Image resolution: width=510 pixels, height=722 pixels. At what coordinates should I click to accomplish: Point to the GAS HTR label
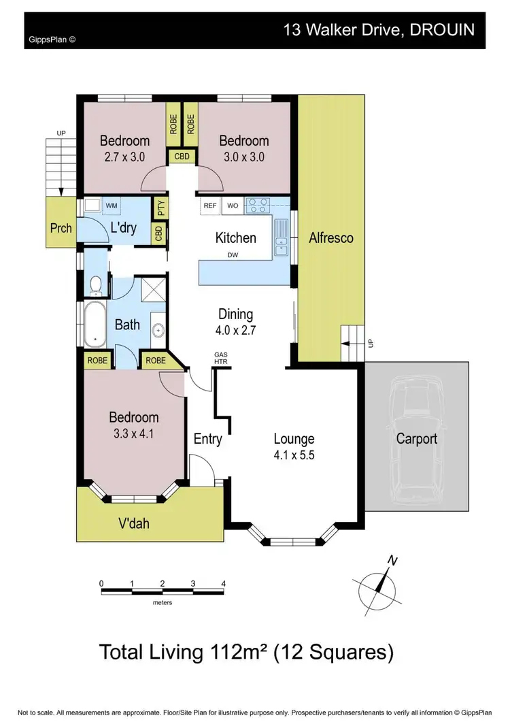pos(221,358)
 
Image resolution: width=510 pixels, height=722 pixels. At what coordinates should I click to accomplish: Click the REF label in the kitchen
pos(209,204)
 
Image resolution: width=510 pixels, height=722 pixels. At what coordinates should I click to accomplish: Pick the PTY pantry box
pos(160,205)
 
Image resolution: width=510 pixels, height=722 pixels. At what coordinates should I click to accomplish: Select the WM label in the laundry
pos(112,204)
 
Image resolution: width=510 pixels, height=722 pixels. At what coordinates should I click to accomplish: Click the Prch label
pos(61,228)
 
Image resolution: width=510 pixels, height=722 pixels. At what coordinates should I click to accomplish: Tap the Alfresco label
pos(331,238)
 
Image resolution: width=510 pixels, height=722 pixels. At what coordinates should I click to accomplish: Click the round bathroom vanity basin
pos(158,331)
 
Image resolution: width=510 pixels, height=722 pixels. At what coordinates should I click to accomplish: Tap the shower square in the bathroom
pos(151,291)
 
